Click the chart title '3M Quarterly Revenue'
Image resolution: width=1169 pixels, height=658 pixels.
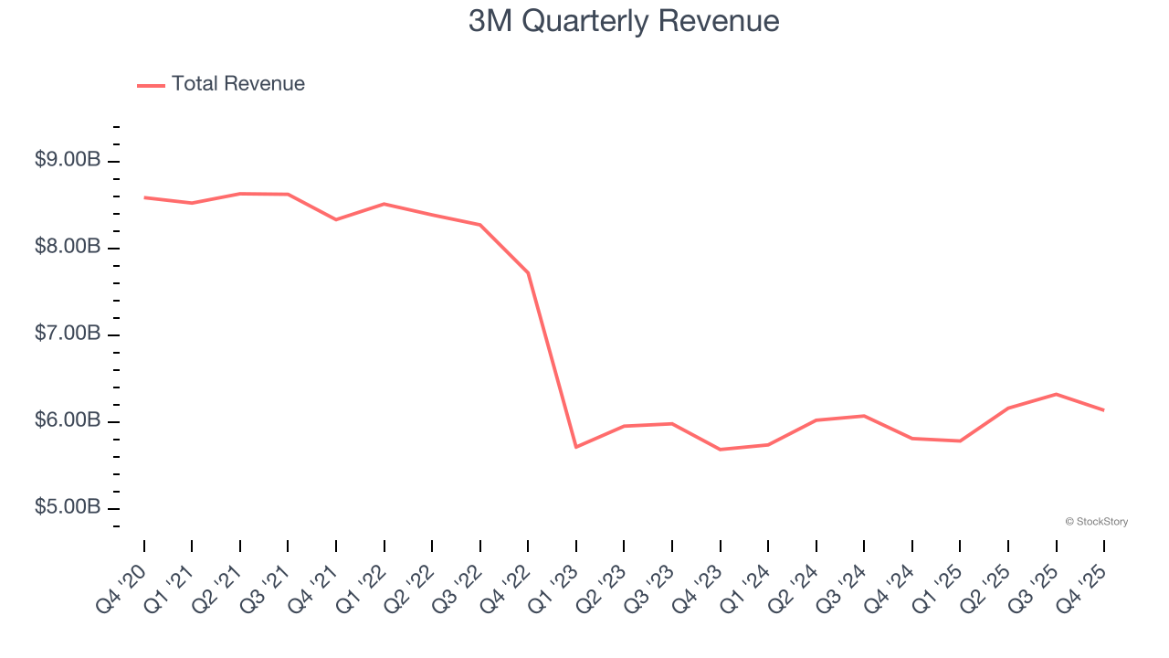tap(624, 21)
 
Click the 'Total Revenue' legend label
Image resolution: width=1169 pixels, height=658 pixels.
tap(237, 84)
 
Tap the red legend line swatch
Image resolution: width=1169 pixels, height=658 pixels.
tap(151, 85)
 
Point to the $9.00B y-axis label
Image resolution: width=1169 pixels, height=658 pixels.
tap(68, 160)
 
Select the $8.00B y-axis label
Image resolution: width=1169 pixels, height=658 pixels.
tap(68, 247)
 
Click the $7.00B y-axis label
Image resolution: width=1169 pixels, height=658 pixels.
tap(68, 334)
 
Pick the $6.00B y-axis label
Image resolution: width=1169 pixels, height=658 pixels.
tap(68, 420)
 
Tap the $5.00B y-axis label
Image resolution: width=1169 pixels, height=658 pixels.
tap(68, 507)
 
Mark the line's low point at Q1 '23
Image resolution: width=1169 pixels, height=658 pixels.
tap(576, 447)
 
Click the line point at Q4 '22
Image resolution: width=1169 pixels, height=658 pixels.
tap(528, 272)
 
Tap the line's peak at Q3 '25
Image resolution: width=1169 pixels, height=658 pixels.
tap(1056, 394)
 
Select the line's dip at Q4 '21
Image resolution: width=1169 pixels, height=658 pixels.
tap(336, 219)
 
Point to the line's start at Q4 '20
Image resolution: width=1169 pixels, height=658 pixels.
tap(144, 197)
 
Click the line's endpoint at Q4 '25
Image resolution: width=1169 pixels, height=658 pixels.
tap(1103, 410)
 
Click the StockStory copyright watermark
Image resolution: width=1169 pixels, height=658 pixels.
tap(1096, 522)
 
